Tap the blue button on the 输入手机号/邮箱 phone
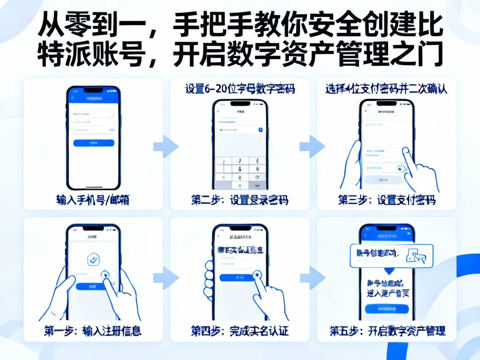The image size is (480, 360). (93, 143)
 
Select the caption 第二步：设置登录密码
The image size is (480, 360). (240, 200)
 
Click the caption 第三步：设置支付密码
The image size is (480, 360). (387, 200)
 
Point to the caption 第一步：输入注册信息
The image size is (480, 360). (92, 331)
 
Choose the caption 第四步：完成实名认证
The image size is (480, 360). (240, 331)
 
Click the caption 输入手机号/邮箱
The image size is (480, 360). (92, 200)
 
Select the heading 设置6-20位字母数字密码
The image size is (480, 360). (240, 89)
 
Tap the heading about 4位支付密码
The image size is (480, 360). (386, 89)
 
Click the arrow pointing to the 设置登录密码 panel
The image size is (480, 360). (165, 146)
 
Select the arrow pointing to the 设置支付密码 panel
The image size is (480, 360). (312, 146)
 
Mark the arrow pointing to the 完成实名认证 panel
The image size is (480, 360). (165, 277)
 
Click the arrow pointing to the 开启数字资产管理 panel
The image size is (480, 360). (312, 277)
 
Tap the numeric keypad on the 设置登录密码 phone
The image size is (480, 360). (240, 172)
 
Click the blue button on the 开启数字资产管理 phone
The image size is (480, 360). (387, 309)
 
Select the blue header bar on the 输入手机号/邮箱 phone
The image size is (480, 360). (93, 97)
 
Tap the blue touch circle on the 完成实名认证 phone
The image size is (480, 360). (257, 275)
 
